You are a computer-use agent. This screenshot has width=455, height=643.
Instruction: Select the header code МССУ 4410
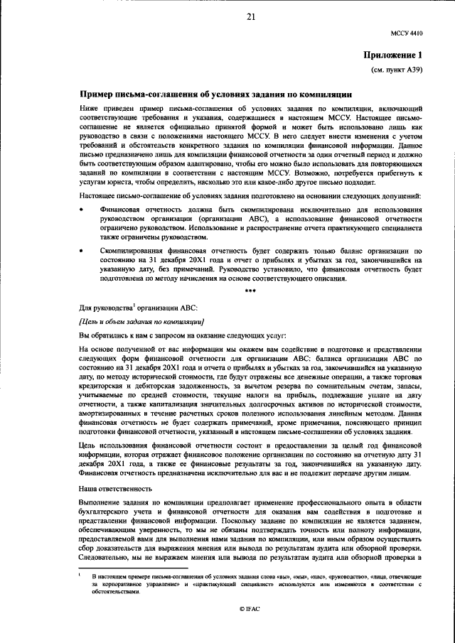click(407, 33)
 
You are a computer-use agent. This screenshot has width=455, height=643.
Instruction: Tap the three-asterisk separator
click(250, 291)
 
